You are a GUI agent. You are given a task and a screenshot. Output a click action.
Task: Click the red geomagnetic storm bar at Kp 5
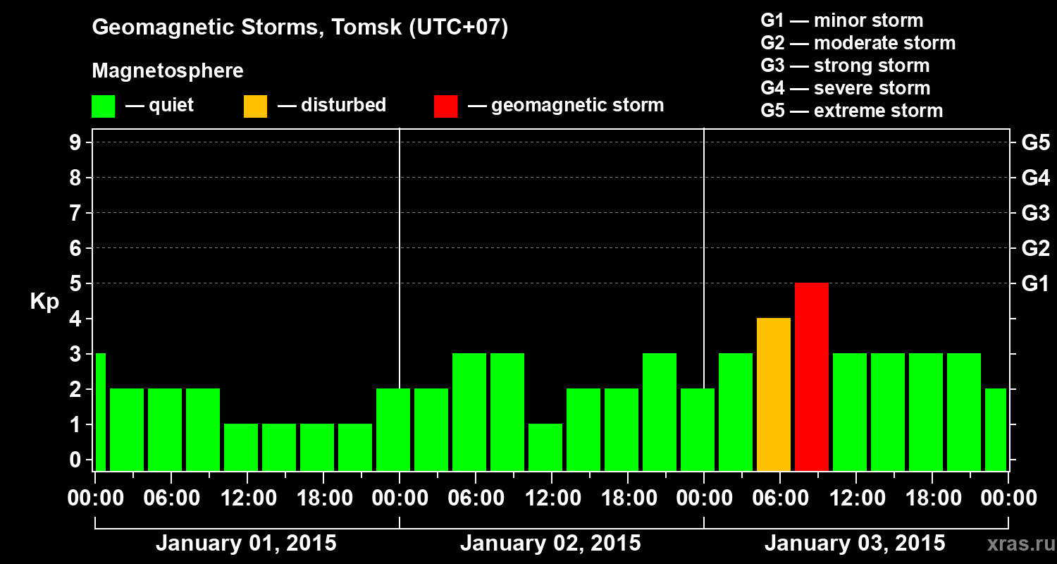point(811,376)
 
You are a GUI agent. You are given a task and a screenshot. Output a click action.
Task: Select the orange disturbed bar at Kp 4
point(773,394)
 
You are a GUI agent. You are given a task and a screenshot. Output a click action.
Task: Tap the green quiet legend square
point(103,106)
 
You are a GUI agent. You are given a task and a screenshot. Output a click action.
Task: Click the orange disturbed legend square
point(255,106)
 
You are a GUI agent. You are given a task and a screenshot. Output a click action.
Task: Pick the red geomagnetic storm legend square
point(445,106)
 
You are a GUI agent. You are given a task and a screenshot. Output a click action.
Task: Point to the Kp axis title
point(44,302)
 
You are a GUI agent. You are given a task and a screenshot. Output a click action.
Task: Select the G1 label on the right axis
point(1035,283)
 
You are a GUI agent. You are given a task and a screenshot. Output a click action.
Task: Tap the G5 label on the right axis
point(1035,142)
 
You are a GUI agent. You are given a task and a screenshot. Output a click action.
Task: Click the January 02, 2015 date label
point(550,544)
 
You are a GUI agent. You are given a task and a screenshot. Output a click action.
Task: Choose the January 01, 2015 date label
point(246,544)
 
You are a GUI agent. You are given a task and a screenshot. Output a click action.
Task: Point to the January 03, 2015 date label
point(855,544)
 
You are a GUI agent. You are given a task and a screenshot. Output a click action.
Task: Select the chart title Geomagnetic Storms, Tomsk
point(300,28)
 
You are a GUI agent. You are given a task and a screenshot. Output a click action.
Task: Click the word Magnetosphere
point(168,71)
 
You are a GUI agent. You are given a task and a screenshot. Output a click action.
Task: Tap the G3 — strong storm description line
point(845,66)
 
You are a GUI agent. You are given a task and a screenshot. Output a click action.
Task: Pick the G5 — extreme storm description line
point(851,111)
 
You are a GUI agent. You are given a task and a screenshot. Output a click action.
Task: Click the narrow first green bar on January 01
point(100,412)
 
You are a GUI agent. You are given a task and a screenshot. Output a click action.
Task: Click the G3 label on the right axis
point(1035,213)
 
